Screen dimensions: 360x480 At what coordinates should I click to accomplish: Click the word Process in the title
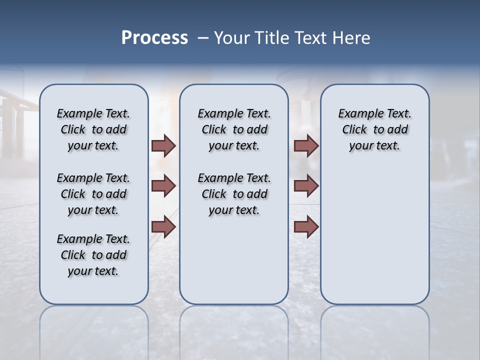point(154,38)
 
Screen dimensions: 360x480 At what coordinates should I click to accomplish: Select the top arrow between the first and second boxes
point(163,146)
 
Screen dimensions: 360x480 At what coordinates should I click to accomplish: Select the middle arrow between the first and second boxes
point(163,186)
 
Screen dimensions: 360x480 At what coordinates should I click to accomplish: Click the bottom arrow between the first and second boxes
point(163,226)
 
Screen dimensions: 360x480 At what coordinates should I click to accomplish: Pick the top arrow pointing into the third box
point(306,146)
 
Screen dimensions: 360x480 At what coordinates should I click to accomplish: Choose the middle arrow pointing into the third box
point(306,186)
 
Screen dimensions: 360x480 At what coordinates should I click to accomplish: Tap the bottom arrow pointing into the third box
point(306,226)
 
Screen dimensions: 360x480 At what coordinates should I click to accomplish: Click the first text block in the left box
point(93,129)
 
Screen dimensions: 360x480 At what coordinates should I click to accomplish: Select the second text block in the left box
point(93,194)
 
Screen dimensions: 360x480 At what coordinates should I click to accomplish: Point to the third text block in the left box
point(93,255)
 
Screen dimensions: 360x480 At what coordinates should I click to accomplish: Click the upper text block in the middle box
point(234,129)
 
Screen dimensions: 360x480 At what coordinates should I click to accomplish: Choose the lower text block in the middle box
point(234,194)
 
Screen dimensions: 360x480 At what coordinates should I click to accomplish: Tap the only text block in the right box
point(374,129)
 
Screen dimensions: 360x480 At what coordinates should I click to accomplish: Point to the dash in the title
point(203,38)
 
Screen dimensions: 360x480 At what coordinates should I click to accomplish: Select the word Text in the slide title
point(311,38)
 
